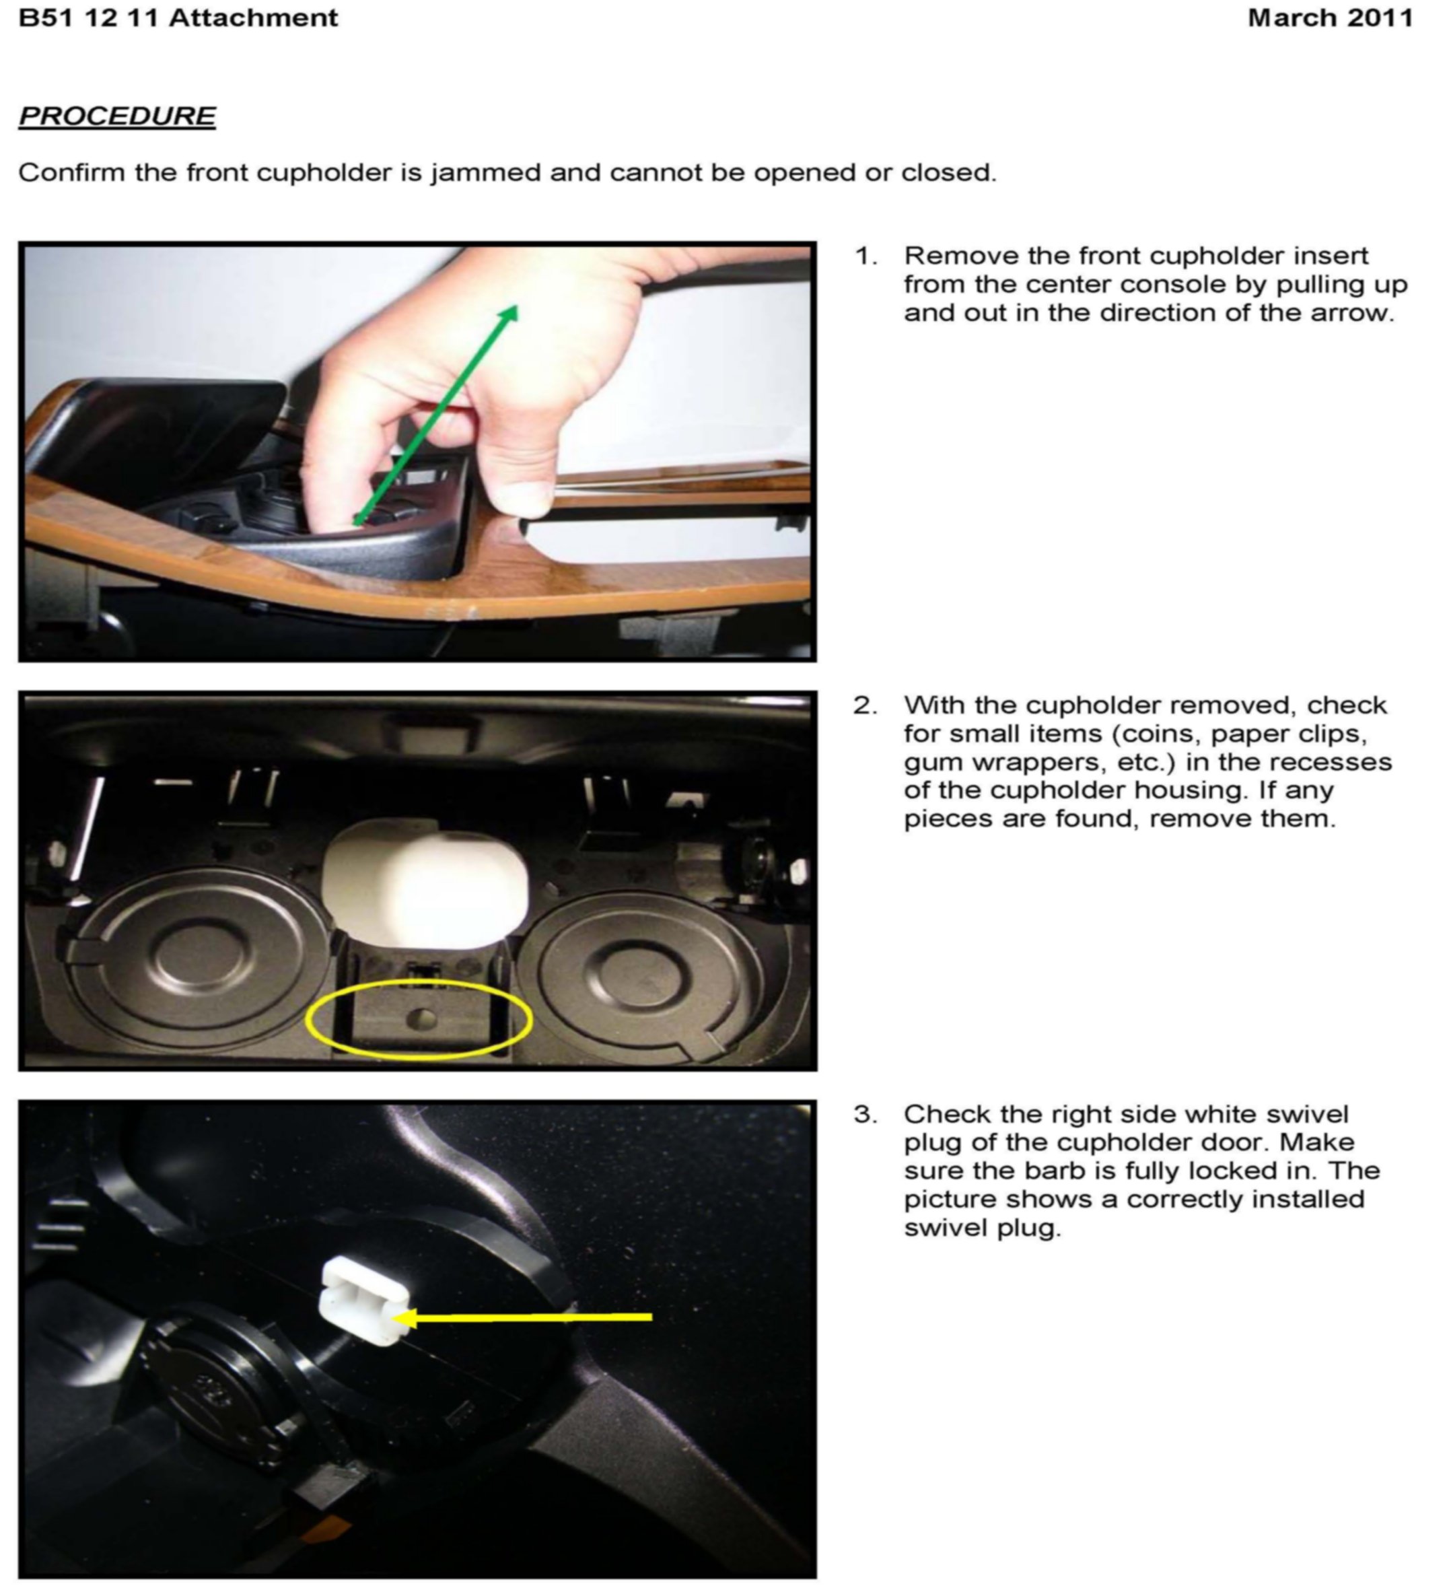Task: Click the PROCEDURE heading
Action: tap(117, 116)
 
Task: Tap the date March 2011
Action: tap(1330, 18)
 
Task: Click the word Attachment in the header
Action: tap(252, 18)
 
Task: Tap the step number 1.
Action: tap(866, 256)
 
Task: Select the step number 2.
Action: tap(865, 705)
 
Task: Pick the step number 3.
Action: tap(865, 1114)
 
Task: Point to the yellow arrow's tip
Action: tap(394, 1317)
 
